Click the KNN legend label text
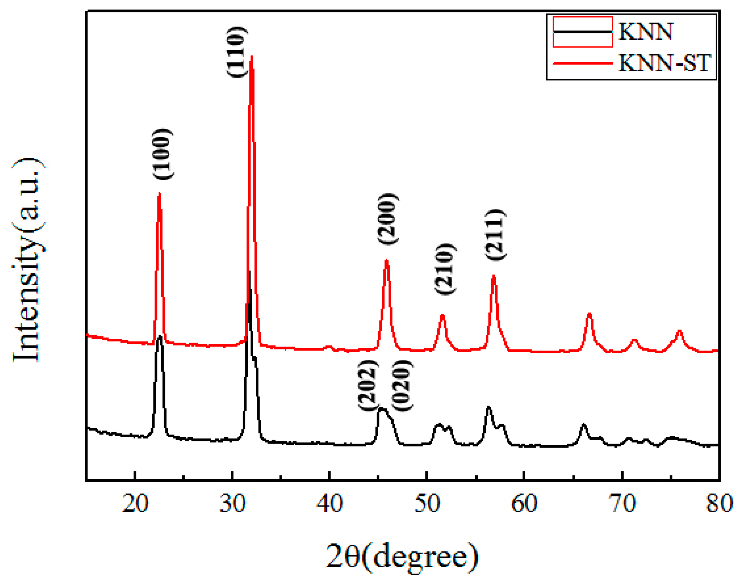[645, 31]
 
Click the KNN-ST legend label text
[664, 63]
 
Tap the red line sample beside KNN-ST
[583, 63]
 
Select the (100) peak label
[163, 154]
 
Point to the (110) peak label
[236, 52]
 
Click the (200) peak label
[387, 219]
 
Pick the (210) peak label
[445, 269]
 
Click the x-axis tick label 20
[135, 503]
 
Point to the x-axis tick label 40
[329, 503]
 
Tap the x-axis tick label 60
[524, 503]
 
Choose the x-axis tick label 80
[719, 503]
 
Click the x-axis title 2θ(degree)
[402, 557]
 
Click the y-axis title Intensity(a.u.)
[27, 260]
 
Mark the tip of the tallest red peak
[252, 57]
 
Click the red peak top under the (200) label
[386, 260]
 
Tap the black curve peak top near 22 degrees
[160, 336]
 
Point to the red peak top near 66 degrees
[589, 314]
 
